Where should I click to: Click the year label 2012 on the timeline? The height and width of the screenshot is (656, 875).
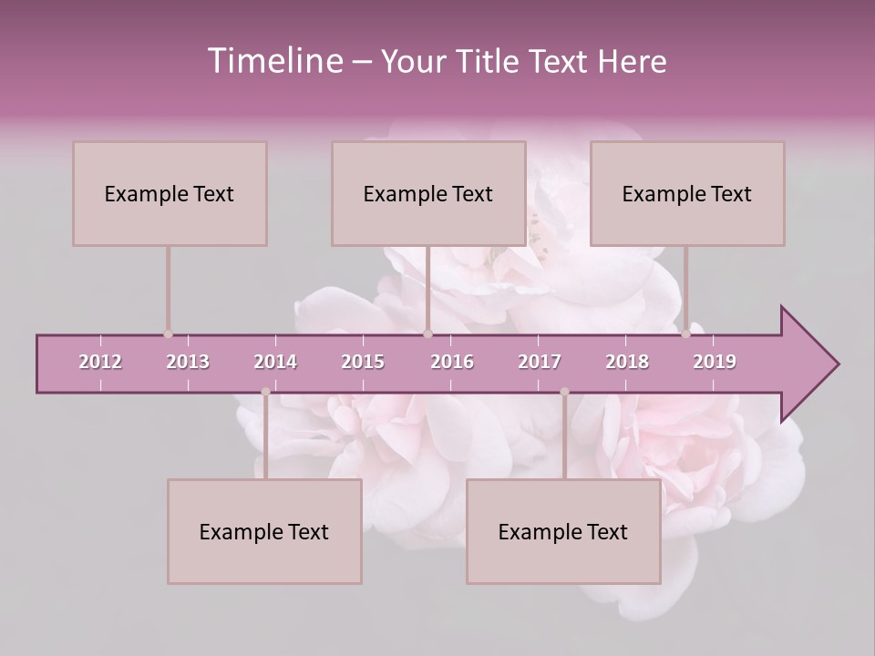(100, 362)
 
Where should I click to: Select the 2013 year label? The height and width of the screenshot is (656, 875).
(188, 362)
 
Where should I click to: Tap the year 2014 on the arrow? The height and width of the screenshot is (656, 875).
(275, 362)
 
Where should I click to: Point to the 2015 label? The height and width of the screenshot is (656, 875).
(363, 362)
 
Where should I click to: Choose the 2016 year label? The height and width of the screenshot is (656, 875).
(452, 362)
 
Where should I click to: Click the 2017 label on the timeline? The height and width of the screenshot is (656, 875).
(540, 362)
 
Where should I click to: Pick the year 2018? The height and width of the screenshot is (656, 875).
(627, 362)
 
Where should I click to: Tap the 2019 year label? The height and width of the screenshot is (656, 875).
(715, 362)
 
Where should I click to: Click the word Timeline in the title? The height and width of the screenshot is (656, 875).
(273, 61)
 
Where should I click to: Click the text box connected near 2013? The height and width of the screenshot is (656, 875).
(170, 193)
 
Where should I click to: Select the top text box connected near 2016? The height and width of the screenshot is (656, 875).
(428, 193)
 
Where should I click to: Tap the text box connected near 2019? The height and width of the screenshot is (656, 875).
(687, 193)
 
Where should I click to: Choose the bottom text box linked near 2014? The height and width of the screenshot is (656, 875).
(264, 531)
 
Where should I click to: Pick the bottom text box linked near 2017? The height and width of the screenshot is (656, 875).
(563, 531)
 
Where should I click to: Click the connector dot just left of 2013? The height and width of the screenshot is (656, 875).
(168, 334)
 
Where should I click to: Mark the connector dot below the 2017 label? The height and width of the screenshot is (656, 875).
(564, 392)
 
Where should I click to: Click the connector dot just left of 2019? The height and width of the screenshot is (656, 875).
(686, 334)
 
